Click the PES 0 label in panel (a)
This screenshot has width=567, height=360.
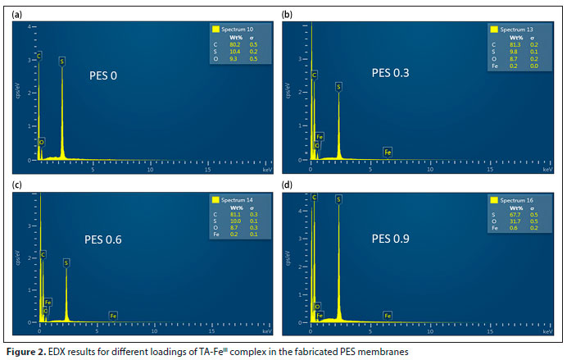pos(103,76)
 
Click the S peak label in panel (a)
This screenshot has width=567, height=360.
pos(61,61)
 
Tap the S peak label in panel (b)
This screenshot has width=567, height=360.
pos(338,85)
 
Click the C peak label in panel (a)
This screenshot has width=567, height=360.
pos(38,56)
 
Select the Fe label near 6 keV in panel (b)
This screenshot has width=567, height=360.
pos(388,152)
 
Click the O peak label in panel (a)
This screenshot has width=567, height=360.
pos(41,142)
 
